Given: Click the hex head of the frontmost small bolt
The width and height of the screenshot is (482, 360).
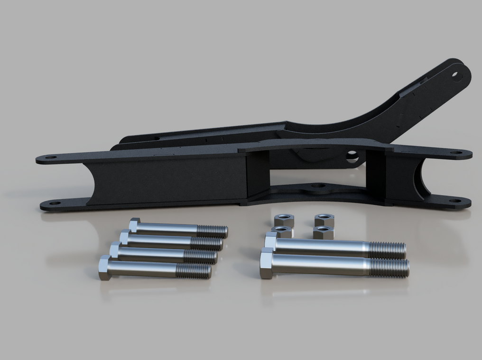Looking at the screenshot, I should (104, 268).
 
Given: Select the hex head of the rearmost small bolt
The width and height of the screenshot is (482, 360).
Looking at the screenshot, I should (134, 225).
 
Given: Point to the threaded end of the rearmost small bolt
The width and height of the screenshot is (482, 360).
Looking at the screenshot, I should (212, 231).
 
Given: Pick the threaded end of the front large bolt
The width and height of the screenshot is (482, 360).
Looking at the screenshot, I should (389, 268).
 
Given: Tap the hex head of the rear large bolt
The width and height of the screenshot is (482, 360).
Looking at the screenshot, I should (271, 241).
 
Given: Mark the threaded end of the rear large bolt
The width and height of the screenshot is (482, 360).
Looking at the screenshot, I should (387, 250).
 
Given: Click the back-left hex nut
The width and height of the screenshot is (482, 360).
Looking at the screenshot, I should (284, 220).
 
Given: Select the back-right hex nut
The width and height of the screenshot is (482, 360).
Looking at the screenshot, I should (324, 220).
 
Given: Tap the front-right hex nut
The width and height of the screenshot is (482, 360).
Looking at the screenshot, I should (323, 232).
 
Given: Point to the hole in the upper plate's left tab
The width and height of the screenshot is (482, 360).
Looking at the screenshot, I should (51, 157).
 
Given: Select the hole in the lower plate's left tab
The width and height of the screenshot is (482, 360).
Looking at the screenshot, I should (55, 203).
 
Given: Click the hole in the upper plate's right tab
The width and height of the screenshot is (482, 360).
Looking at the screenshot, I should (456, 153).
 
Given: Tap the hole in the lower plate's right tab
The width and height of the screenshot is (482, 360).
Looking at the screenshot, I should (456, 201).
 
